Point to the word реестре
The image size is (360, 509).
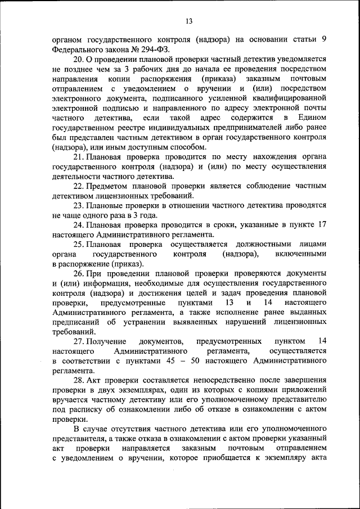[x=132, y=128]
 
